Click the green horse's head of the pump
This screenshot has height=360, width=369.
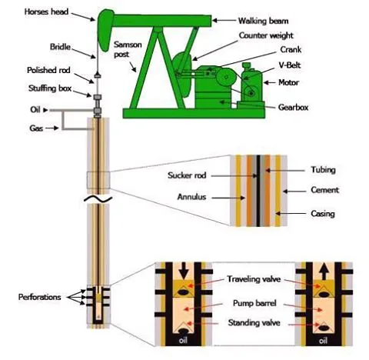point(105,29)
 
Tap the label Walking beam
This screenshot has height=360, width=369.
point(263,21)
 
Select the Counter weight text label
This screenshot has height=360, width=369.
point(266,35)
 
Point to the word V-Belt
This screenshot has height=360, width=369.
point(290,65)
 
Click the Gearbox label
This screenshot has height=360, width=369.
point(293,107)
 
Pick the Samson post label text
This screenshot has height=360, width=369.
point(128,49)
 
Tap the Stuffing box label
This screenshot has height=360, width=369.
point(50,88)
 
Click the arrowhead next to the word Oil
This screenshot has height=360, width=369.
point(45,110)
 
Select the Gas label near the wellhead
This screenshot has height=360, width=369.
point(36,128)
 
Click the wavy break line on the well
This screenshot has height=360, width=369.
point(98,199)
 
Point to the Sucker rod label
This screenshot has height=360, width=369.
point(187,175)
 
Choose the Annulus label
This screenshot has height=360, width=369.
point(191,197)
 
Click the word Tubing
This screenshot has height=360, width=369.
point(323,170)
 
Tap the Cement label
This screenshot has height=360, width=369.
point(325,190)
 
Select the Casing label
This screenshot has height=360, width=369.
point(323,214)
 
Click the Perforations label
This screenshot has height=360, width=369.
point(39,297)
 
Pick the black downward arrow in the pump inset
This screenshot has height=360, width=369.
point(184,271)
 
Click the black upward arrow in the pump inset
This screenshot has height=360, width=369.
point(324,272)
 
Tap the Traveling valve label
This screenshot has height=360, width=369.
point(254,279)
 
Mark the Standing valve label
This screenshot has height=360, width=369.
point(254,322)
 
